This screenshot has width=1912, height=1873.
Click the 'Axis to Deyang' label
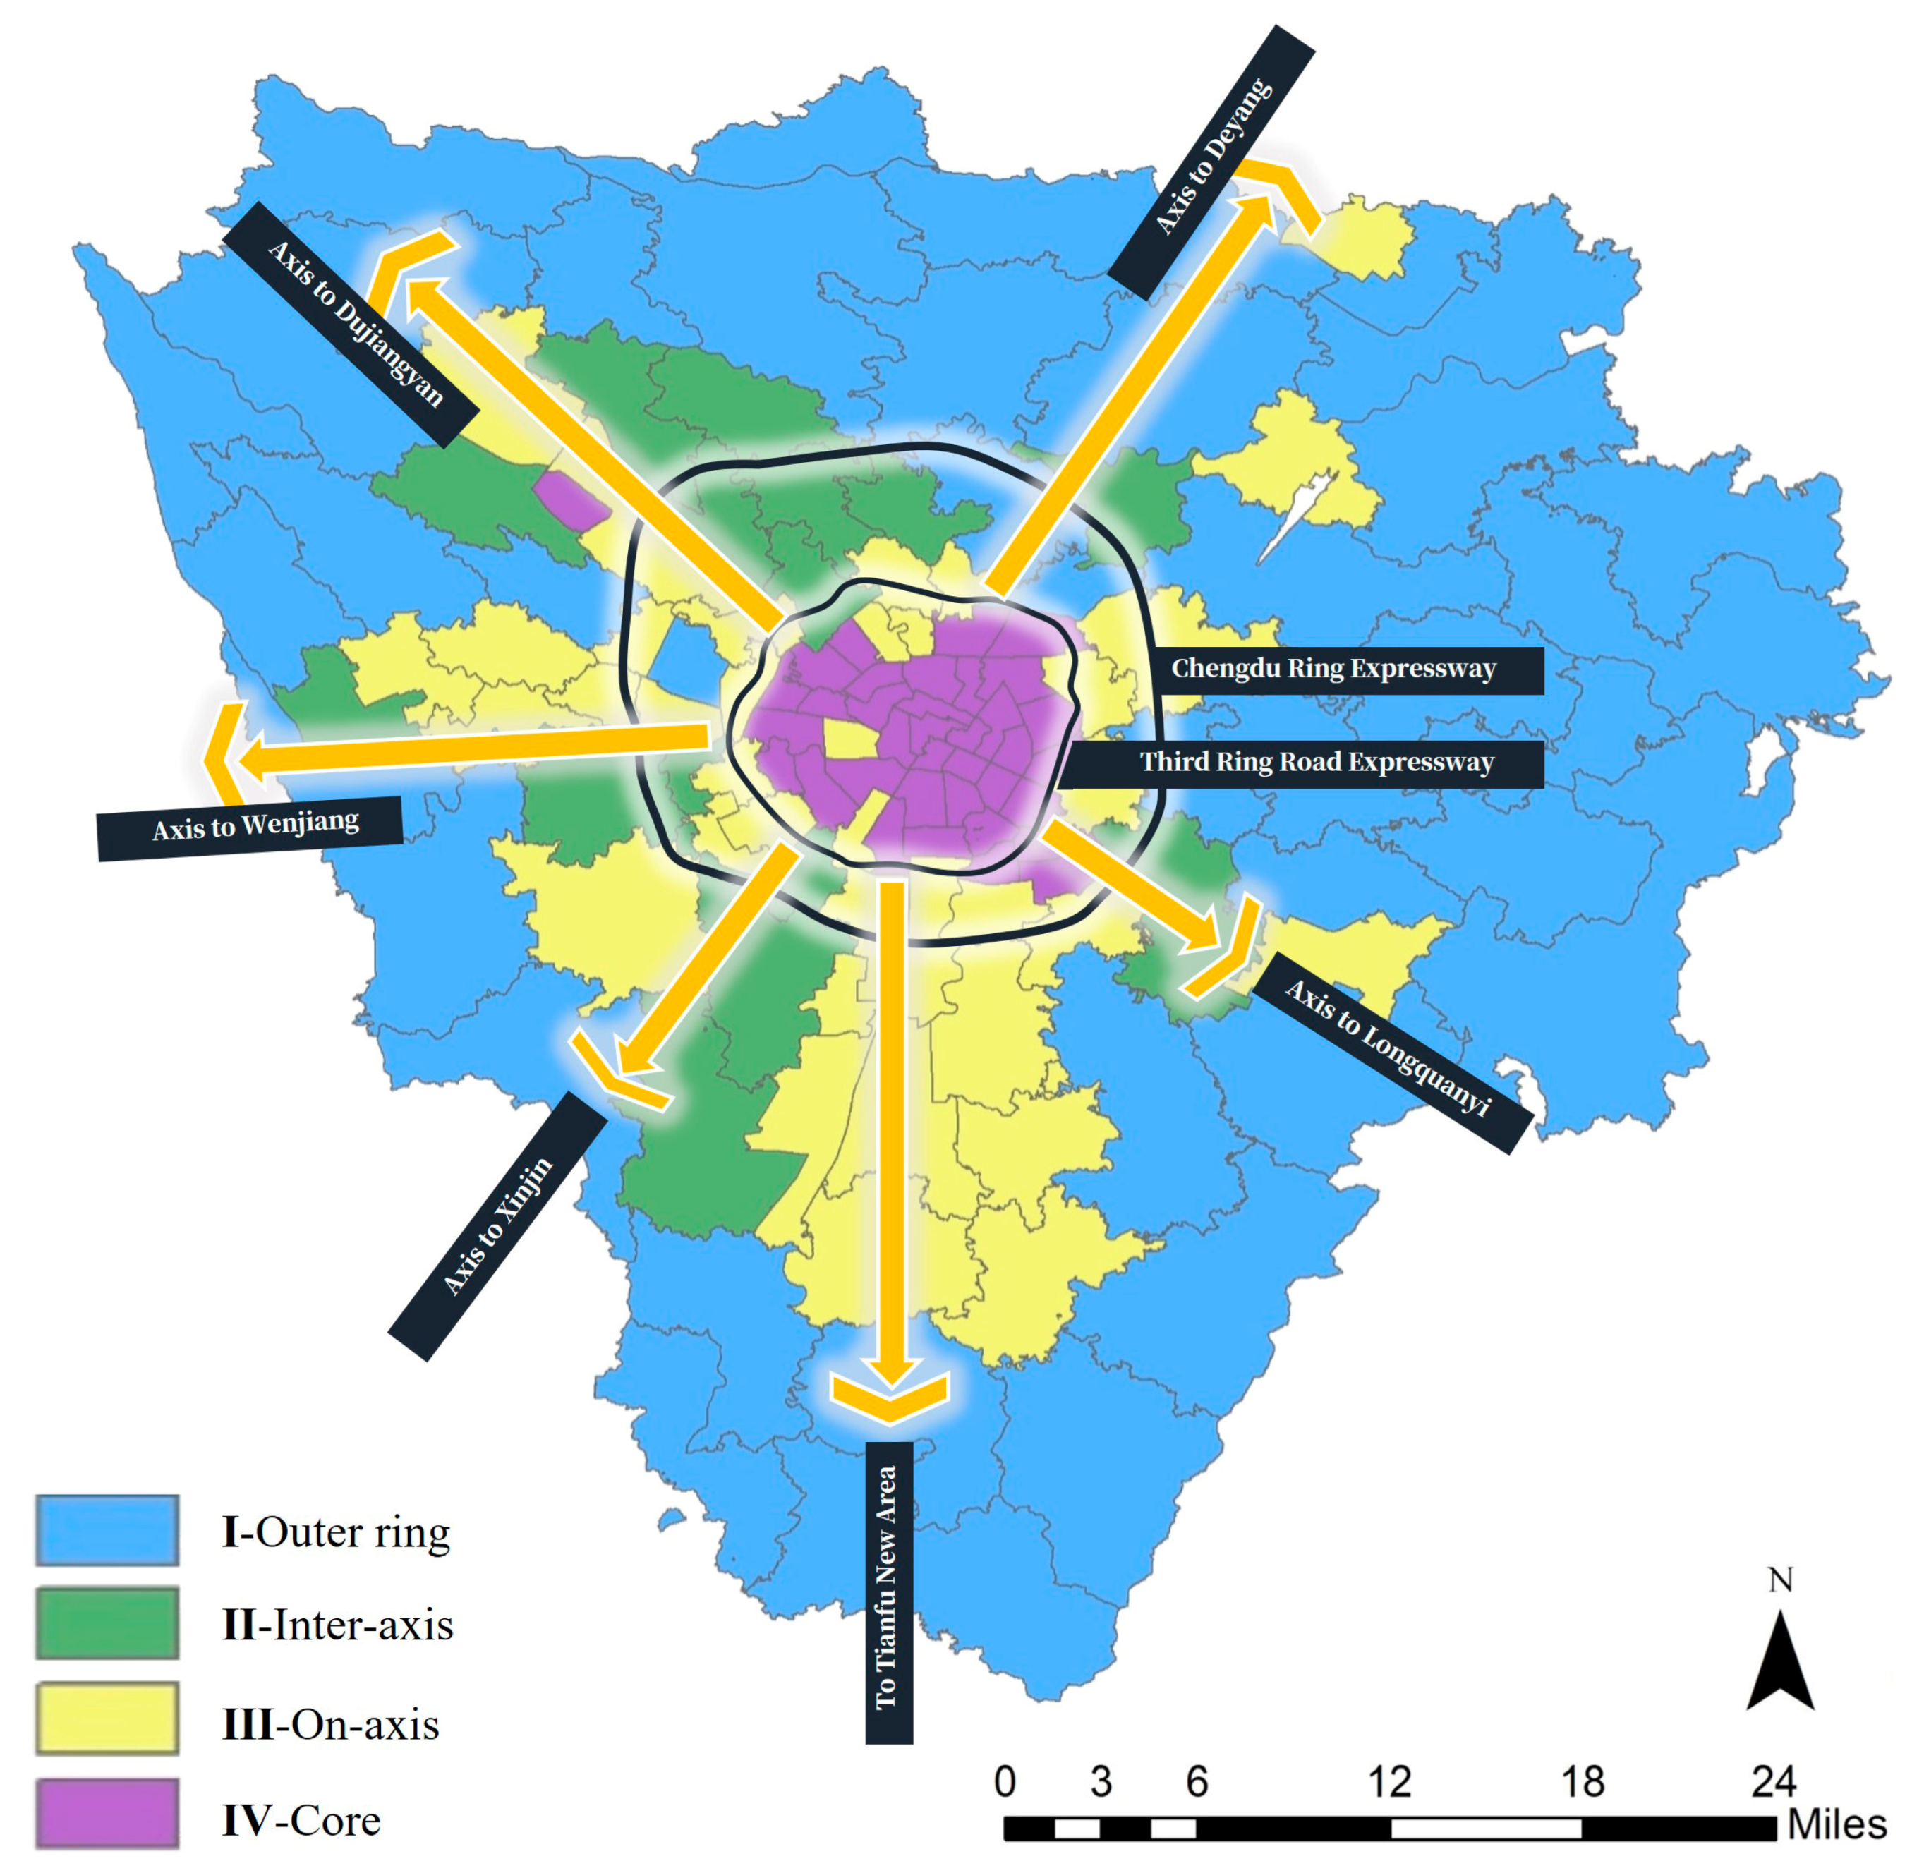pyautogui.click(x=1211, y=160)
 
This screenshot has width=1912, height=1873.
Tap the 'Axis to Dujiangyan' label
pyautogui.click(x=354, y=324)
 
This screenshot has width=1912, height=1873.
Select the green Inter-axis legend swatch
pyautogui.click(x=107, y=1622)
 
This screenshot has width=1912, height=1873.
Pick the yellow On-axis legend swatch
pyautogui.click(x=107, y=1719)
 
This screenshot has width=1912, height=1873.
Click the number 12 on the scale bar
pyautogui.click(x=1388, y=1781)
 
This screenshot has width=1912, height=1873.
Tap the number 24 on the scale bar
pyautogui.click(x=1772, y=1781)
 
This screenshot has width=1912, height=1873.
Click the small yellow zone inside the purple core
pyautogui.click(x=848, y=739)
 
